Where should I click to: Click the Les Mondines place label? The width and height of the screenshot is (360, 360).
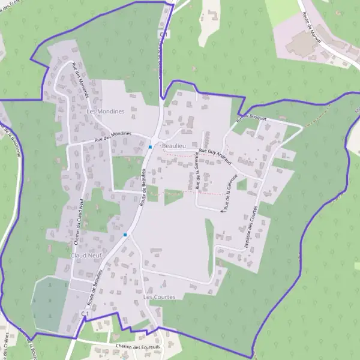105,112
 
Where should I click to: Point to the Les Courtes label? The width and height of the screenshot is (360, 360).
160,297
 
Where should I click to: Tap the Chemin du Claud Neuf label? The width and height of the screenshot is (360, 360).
78,223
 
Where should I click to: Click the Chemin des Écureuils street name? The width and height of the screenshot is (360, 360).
137,347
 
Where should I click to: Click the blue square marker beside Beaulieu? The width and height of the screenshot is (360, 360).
150,147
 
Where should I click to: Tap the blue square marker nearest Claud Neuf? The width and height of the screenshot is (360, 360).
125,235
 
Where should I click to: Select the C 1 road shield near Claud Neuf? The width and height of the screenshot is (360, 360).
85,314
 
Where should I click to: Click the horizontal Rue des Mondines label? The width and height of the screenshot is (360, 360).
113,136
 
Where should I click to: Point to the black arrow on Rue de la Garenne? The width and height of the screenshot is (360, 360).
223,211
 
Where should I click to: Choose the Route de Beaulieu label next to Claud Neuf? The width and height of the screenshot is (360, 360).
92,293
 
